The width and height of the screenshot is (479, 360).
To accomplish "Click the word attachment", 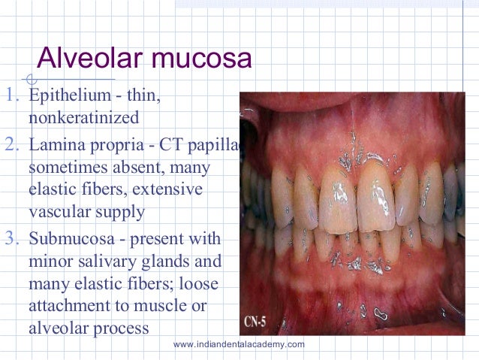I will tap(65, 307).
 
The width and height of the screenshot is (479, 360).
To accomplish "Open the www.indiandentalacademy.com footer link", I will tap(239, 344).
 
